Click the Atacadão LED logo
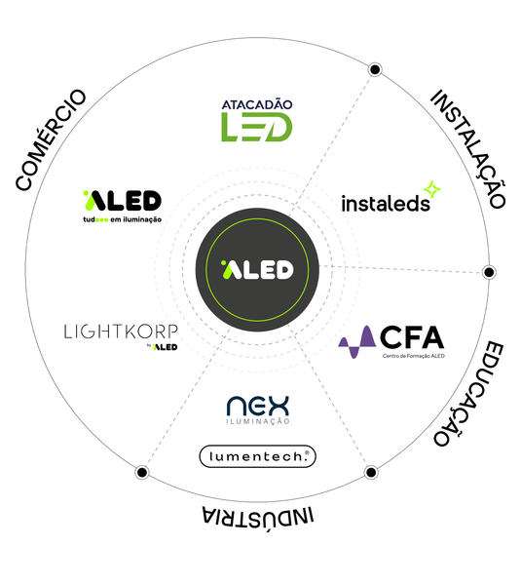point(257,120)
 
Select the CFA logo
point(391,341)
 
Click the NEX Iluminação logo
point(258,410)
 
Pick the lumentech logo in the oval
point(257,456)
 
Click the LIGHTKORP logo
point(121,336)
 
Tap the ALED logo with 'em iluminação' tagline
point(122,207)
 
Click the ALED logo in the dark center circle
point(257,269)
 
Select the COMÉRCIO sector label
point(52,139)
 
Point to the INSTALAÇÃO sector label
point(468,148)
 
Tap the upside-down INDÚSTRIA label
point(258,519)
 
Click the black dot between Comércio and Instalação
point(375,69)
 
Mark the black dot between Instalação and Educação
point(489,272)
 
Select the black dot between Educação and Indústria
point(371,472)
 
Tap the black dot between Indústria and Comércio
point(142,472)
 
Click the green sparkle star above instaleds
point(432,189)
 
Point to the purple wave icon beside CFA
point(356,342)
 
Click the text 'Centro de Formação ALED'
point(414,356)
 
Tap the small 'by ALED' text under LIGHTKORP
point(162,347)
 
